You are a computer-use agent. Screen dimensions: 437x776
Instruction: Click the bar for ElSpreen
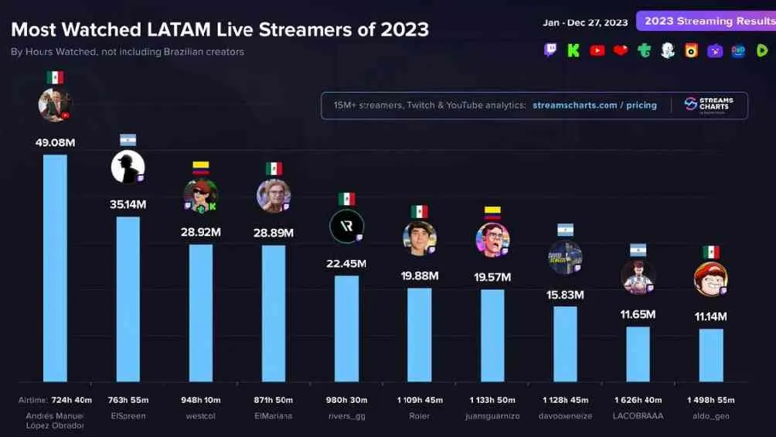(x=128, y=299)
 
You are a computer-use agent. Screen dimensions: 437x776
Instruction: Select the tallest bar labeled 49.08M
(x=55, y=268)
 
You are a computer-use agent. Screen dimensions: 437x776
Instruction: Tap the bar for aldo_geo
(x=711, y=355)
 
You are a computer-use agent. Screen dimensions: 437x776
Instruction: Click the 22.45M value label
(x=346, y=264)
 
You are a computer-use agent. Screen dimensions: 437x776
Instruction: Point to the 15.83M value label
(x=565, y=295)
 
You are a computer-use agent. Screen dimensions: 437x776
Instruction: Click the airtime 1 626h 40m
(x=638, y=400)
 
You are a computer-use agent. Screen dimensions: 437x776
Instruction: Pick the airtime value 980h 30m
(x=346, y=400)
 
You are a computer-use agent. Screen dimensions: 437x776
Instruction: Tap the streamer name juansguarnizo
(x=492, y=416)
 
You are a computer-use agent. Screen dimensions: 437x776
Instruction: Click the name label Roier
(x=419, y=416)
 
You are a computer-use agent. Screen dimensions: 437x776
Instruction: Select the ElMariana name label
(x=274, y=416)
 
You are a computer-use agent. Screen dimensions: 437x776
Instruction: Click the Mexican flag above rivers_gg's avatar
(x=346, y=199)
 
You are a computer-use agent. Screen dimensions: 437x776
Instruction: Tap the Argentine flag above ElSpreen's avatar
(x=128, y=140)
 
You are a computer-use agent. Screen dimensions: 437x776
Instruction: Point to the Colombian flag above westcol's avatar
(x=200, y=166)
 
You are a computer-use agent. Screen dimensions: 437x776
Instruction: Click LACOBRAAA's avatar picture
(x=638, y=277)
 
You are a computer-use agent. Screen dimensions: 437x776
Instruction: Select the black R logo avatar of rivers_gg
(x=345, y=226)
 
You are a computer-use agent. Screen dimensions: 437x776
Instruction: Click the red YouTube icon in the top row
(x=597, y=50)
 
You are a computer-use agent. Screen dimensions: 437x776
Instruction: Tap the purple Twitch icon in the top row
(x=550, y=50)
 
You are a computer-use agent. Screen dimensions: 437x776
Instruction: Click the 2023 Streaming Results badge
(x=705, y=21)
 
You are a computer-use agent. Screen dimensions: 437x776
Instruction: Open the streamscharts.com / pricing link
(x=594, y=105)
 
